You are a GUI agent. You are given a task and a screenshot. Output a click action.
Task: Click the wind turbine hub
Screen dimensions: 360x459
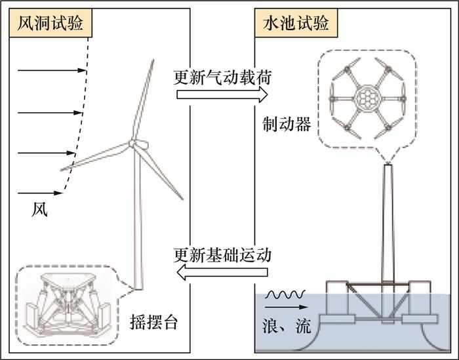134,144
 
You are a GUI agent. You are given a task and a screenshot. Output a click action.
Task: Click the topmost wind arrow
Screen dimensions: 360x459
52,70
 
